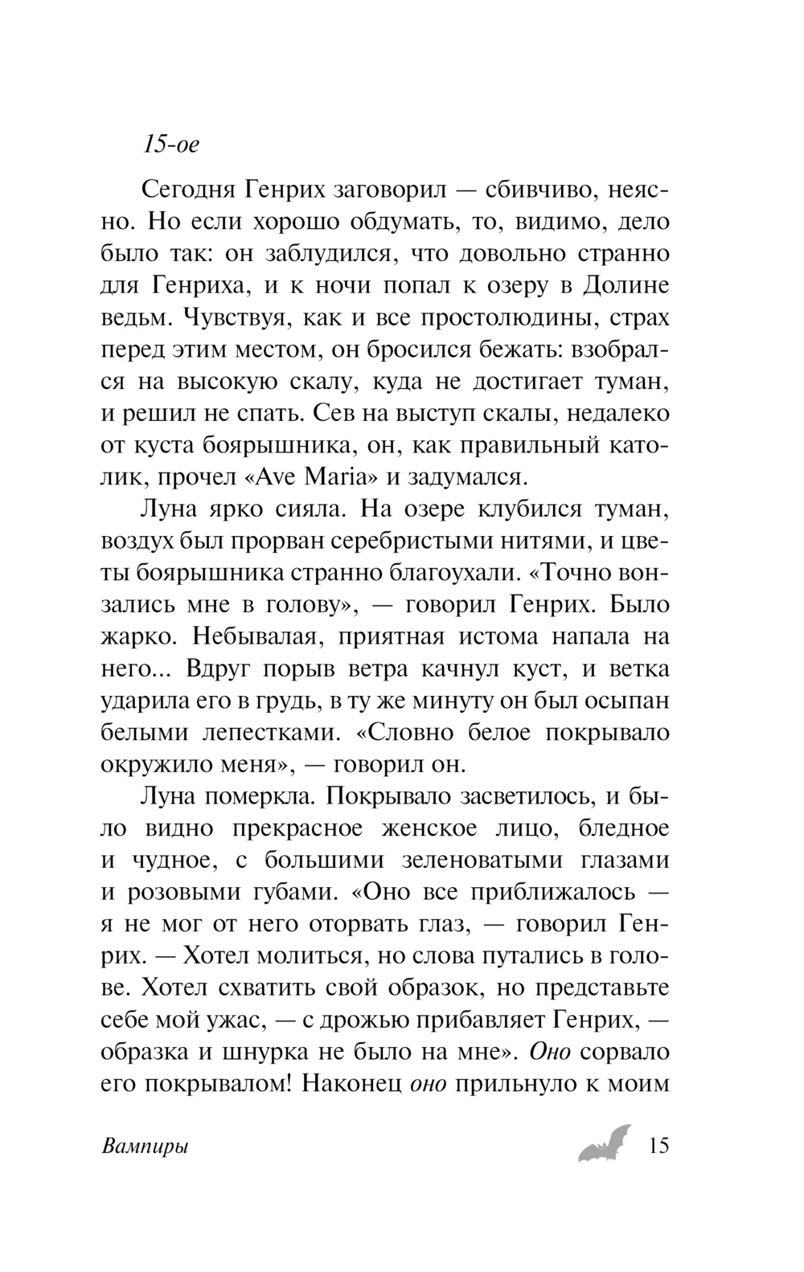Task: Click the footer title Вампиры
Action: [x=146, y=1147]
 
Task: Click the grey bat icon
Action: [x=605, y=1143]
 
